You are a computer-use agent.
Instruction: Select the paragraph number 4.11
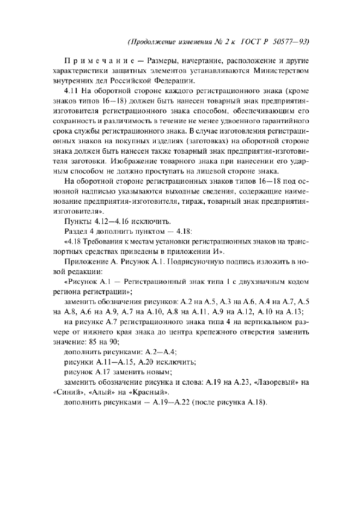coord(72,92)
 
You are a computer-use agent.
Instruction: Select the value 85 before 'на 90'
coord(92,342)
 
